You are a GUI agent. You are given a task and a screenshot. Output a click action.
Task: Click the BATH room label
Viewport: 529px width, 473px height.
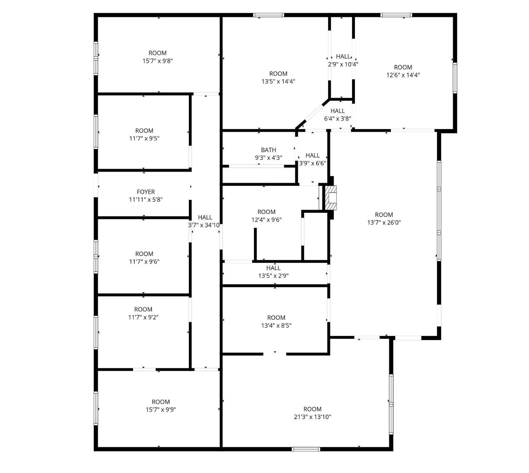click(268, 150)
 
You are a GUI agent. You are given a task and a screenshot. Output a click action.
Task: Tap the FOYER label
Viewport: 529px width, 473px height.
click(146, 192)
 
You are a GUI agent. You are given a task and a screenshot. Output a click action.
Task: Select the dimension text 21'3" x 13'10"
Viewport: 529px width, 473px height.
click(312, 417)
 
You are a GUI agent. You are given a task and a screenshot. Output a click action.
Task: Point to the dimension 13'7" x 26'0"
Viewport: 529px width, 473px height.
click(384, 223)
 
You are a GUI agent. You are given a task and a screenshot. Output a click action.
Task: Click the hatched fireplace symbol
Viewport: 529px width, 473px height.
click(331, 198)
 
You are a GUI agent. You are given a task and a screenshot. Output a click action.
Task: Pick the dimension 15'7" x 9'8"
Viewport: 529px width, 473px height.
click(157, 61)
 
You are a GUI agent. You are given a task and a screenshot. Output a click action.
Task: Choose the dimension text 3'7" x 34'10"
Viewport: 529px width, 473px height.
click(204, 225)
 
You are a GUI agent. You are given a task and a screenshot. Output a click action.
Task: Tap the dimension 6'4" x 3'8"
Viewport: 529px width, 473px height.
click(338, 119)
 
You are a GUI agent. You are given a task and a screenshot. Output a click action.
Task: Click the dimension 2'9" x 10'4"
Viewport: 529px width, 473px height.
click(343, 64)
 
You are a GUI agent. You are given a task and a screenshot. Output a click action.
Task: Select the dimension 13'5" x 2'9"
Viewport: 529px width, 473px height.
click(273, 276)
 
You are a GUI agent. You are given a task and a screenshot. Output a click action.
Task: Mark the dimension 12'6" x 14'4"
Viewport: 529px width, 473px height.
click(403, 75)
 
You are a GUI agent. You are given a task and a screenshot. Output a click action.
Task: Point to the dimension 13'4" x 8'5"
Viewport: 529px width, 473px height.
click(276, 325)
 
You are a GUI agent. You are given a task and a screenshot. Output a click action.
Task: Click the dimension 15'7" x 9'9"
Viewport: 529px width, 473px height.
click(161, 410)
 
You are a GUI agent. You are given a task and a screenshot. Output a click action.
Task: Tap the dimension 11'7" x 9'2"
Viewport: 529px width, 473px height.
click(143, 317)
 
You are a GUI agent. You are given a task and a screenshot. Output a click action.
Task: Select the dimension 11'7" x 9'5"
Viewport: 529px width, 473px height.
click(144, 139)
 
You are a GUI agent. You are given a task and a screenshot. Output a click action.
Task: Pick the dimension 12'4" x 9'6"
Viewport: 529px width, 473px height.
click(267, 220)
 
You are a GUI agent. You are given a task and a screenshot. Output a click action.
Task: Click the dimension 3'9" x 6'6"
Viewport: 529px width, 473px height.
click(313, 163)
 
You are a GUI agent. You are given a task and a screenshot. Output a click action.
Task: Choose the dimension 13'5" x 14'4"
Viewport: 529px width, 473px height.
click(278, 82)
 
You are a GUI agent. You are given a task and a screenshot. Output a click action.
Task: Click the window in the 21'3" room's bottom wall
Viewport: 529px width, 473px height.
click(306, 449)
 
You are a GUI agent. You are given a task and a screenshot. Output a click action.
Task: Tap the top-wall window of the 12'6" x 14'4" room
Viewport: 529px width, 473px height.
click(396, 15)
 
